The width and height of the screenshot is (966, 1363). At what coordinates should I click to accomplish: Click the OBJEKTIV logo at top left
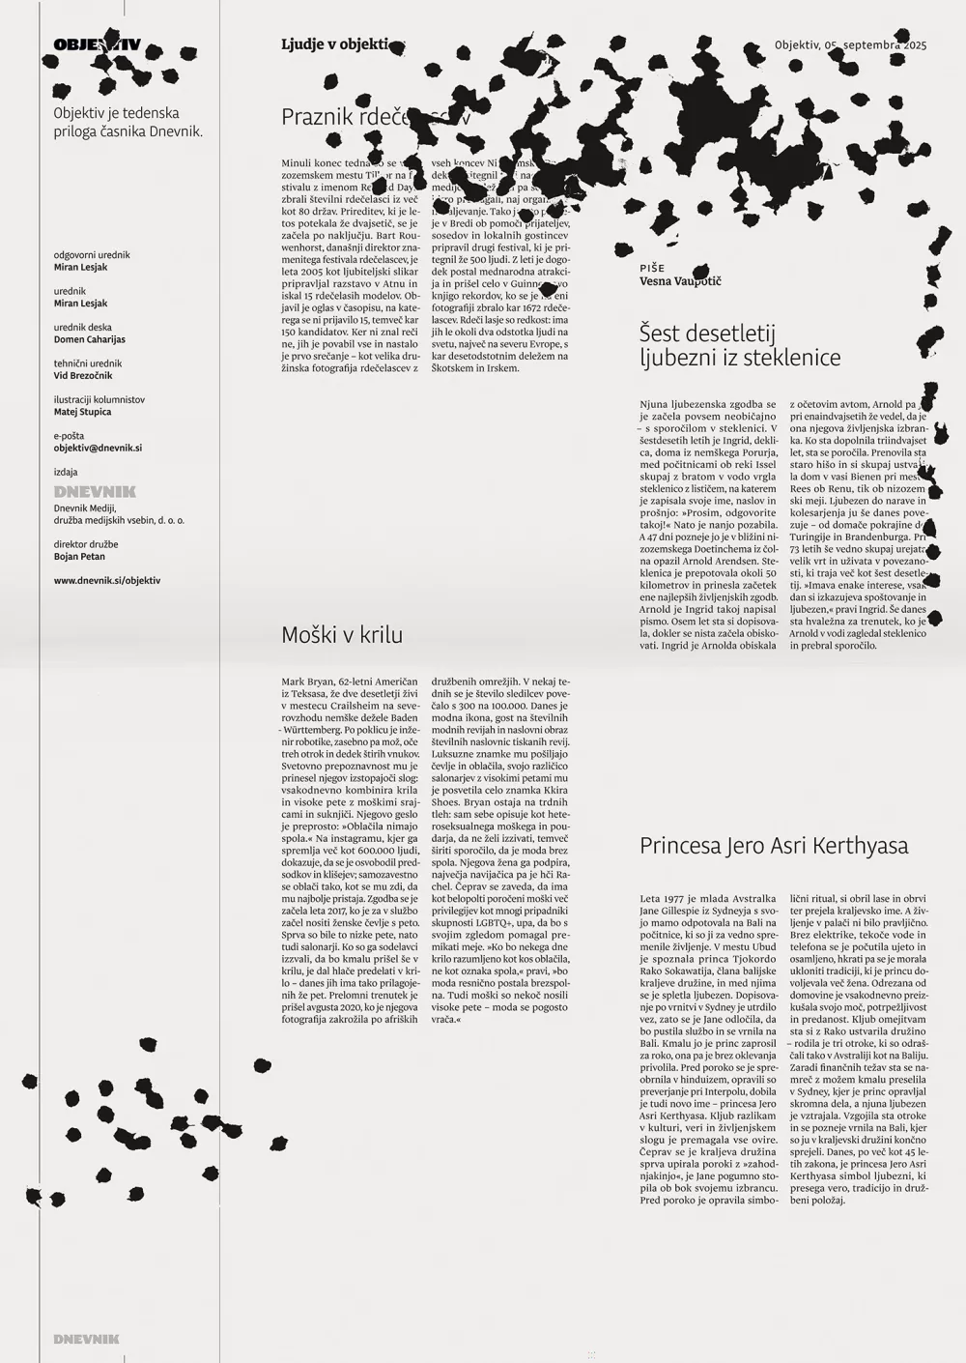click(97, 44)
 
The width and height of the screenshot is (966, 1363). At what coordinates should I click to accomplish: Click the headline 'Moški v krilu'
click(342, 635)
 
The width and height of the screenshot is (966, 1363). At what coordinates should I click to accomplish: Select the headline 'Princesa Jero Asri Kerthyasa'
click(774, 846)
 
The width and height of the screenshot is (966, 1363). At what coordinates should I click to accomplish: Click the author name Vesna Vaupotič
click(680, 281)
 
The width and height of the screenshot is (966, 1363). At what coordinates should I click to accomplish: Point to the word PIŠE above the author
click(652, 268)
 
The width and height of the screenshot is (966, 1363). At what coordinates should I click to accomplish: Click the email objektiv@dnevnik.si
click(98, 448)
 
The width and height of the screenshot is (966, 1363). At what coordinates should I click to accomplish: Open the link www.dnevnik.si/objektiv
click(107, 581)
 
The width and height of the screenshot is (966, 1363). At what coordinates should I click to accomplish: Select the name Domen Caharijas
click(90, 339)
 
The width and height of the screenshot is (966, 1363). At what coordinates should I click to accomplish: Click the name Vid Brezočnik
click(82, 375)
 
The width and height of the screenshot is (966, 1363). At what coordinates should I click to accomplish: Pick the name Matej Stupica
click(82, 412)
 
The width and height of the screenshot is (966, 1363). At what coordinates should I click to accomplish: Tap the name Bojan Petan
click(79, 557)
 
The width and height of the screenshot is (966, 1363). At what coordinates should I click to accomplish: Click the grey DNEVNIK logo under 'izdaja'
click(95, 491)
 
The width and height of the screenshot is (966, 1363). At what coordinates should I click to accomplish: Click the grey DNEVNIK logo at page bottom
click(87, 1339)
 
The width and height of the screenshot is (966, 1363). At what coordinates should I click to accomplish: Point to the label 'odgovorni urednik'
click(92, 255)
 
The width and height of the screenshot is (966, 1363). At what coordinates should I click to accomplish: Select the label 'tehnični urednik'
click(88, 363)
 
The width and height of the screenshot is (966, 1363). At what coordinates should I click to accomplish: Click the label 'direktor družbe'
click(86, 544)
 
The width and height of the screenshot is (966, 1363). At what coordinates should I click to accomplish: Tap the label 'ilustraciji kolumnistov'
click(99, 399)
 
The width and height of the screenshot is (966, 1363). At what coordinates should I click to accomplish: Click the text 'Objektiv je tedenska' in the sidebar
click(116, 113)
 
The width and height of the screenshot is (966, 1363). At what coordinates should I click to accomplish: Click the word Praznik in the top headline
click(317, 117)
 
